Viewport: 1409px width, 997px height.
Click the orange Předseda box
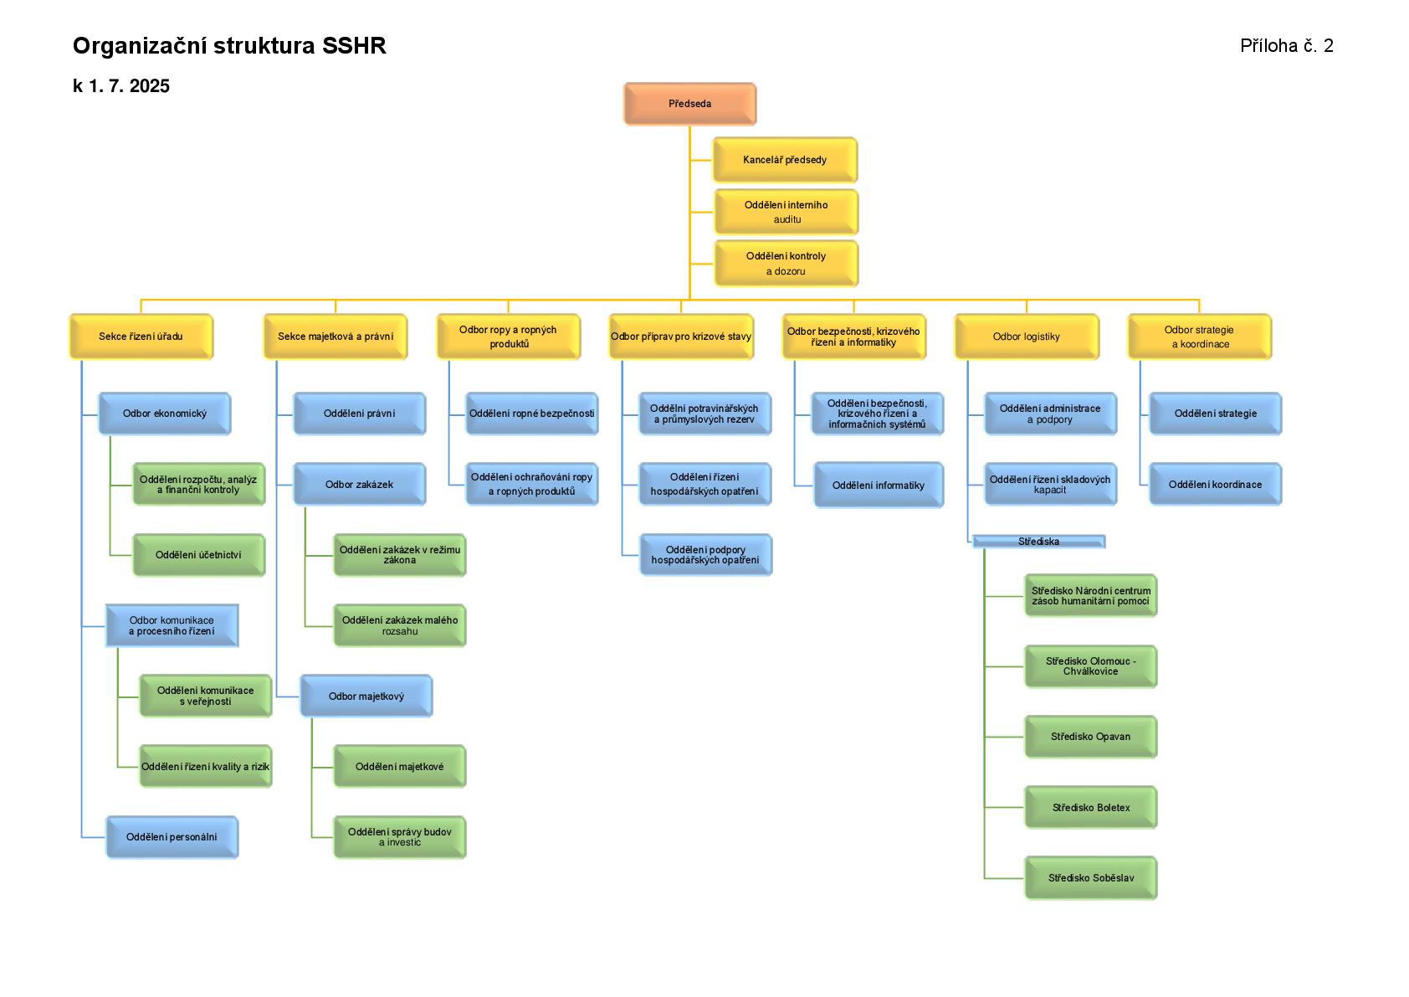tap(689, 104)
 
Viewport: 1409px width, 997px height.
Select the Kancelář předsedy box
tap(785, 159)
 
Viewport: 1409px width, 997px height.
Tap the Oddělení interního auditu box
tap(786, 212)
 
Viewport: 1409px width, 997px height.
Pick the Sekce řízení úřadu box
tap(141, 337)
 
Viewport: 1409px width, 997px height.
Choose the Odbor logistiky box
tap(1026, 337)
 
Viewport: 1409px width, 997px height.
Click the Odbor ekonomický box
tap(165, 414)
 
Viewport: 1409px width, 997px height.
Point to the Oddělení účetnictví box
tap(198, 555)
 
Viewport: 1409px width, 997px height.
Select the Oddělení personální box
tap(172, 837)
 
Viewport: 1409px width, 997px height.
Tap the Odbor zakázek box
tap(359, 485)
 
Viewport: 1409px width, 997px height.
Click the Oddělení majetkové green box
tap(399, 767)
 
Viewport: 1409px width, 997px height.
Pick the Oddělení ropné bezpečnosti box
tap(531, 414)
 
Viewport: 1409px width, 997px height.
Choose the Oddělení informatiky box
tap(878, 486)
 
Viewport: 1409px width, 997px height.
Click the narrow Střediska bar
tap(1038, 542)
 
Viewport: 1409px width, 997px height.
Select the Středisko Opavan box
tap(1090, 737)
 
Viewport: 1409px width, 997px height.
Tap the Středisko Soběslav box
tap(1090, 878)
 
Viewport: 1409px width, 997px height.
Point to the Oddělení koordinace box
tap(1215, 485)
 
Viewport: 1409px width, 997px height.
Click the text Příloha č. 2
tap(1286, 46)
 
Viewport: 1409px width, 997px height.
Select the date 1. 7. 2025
tap(129, 86)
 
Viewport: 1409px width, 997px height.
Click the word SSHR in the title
tap(354, 46)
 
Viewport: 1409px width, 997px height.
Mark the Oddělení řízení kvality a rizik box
tap(205, 767)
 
